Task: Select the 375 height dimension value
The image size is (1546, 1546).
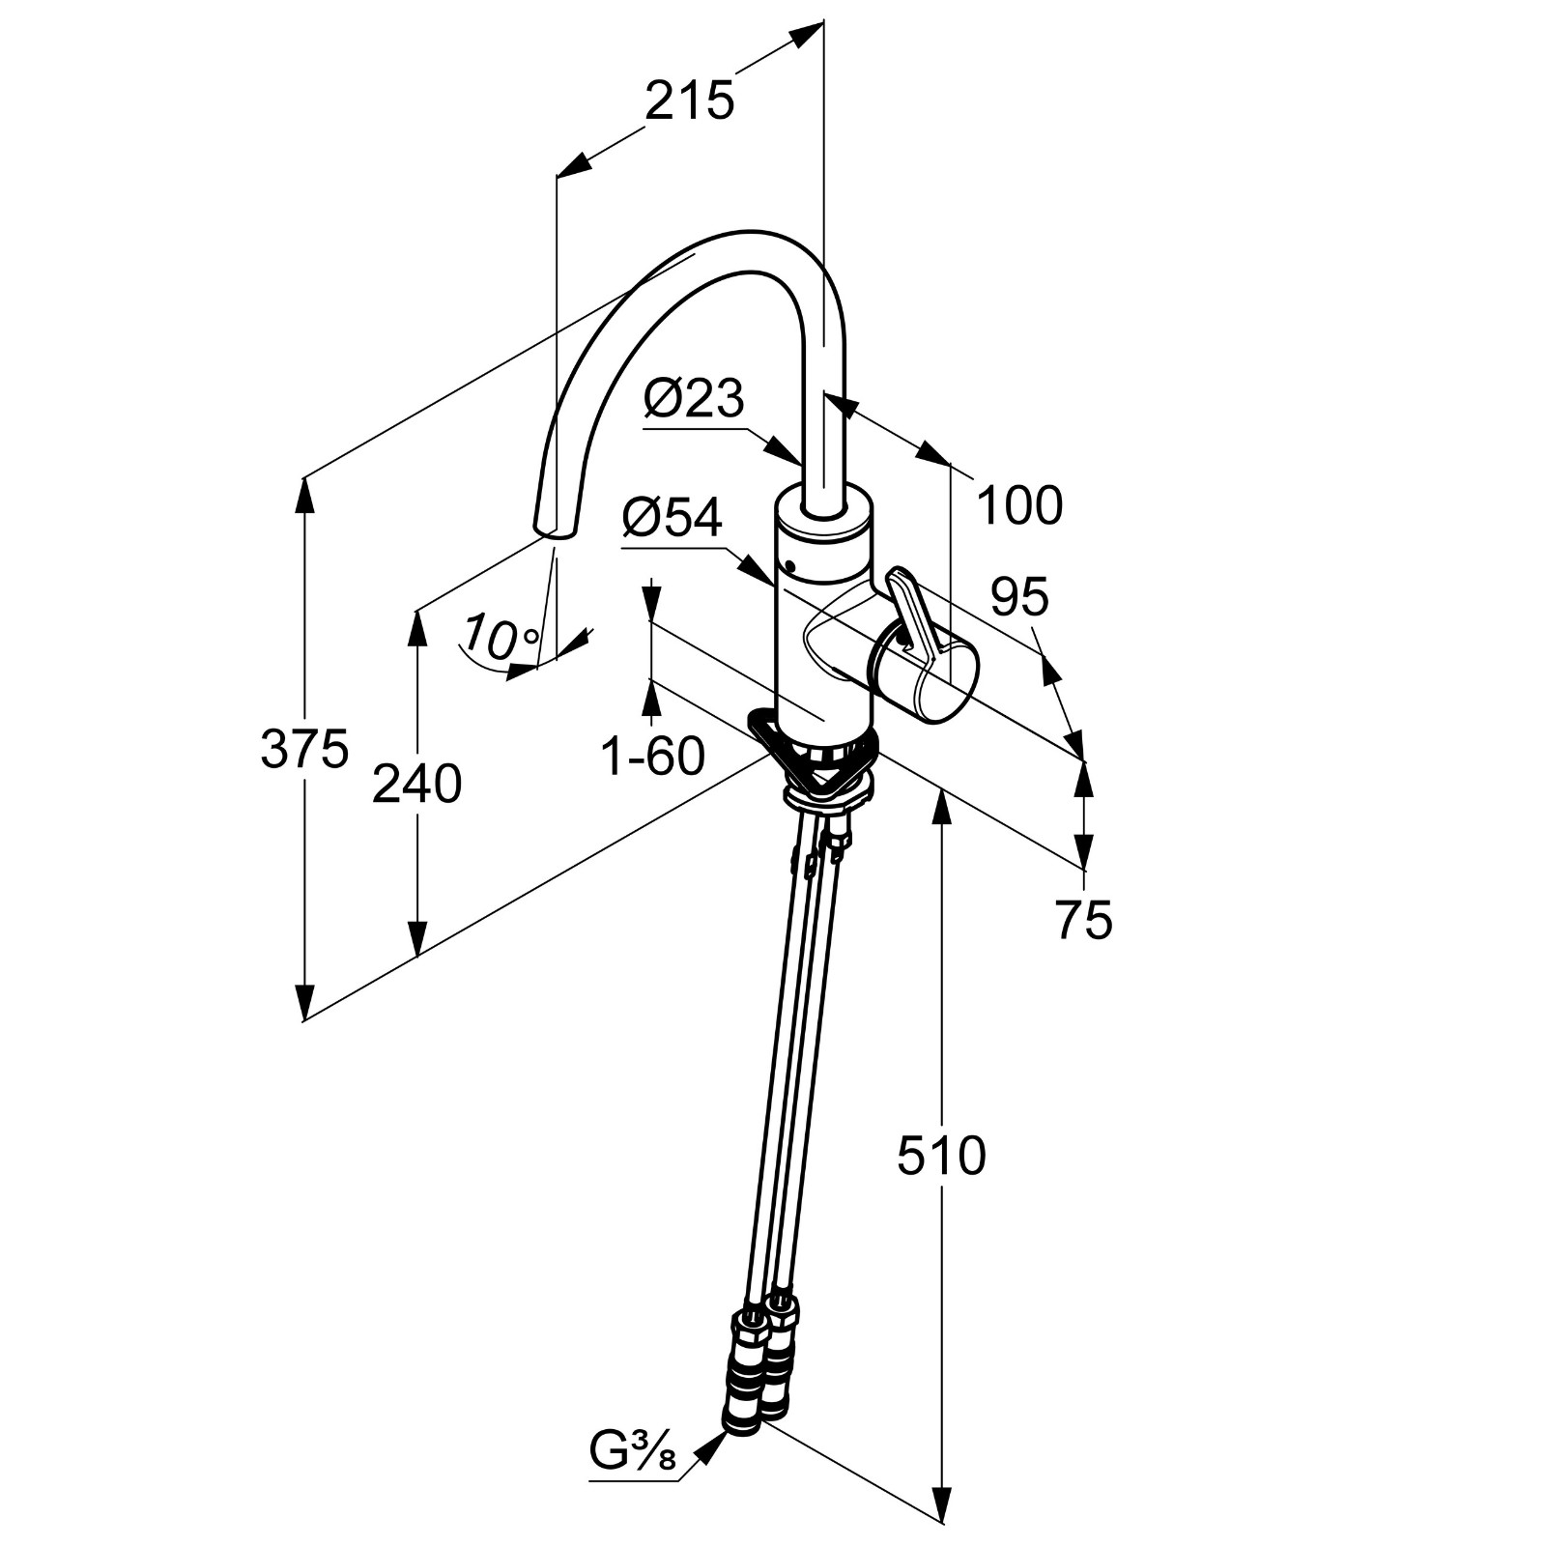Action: (x=304, y=749)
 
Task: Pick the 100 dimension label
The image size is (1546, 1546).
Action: (x=1020, y=505)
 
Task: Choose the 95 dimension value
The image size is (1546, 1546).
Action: (x=1020, y=597)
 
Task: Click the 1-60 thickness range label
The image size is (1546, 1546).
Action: (x=653, y=756)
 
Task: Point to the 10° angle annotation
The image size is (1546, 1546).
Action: (x=501, y=637)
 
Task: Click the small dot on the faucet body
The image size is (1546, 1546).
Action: (x=790, y=565)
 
